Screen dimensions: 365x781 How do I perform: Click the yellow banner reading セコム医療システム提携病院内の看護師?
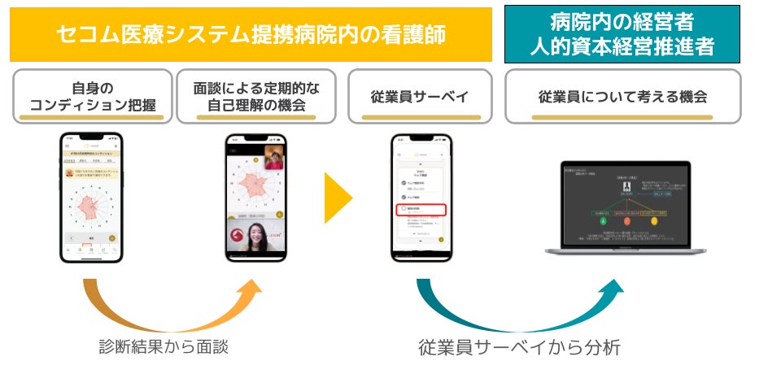251,34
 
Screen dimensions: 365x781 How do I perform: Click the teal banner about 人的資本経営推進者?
622,34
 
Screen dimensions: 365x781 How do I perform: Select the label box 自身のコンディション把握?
92,96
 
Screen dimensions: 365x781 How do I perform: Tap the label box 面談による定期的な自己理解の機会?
256,96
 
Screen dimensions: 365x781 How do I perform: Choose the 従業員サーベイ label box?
420,96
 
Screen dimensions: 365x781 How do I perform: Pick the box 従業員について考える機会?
622,96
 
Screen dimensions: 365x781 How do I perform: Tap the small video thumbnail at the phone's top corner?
274,158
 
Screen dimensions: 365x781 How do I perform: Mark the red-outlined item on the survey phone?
422,209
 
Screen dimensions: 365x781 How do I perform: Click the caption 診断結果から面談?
164,346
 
